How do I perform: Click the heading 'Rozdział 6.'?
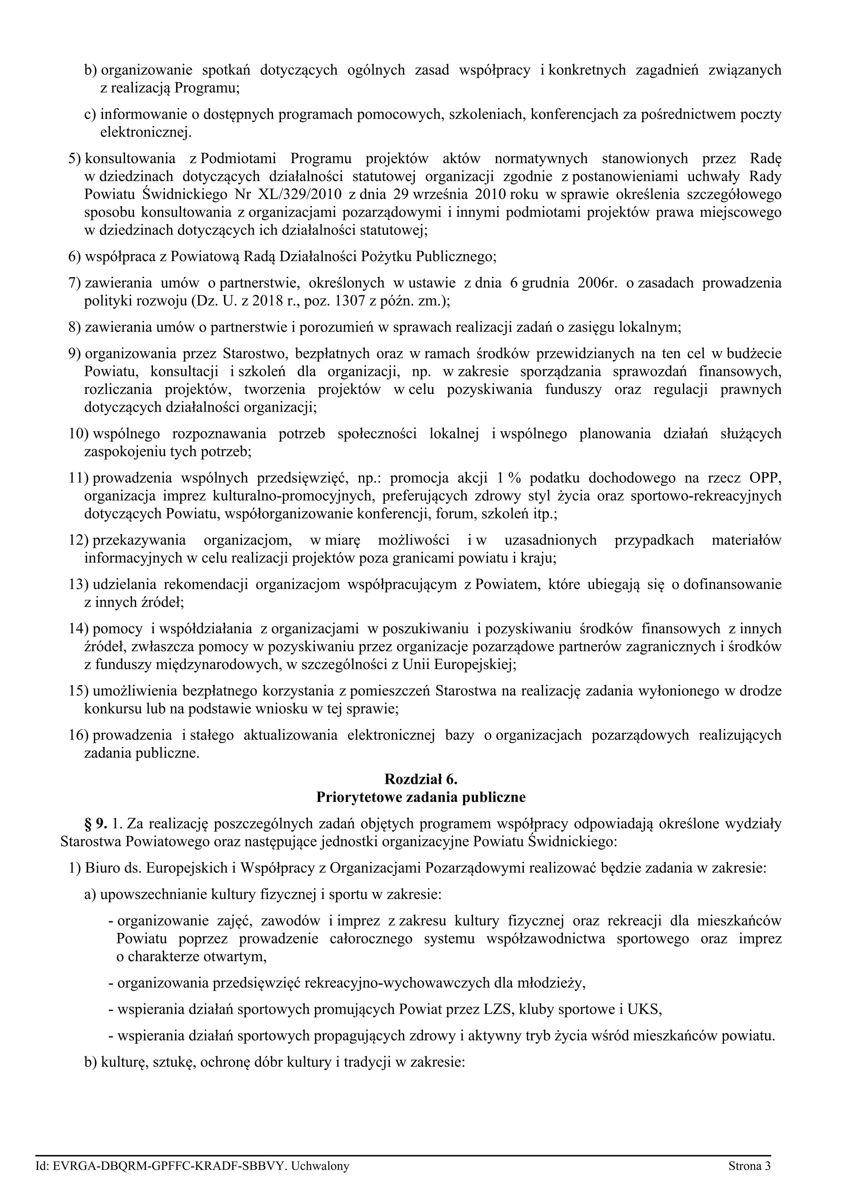pos(421,779)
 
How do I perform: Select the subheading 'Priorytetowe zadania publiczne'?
pos(421,797)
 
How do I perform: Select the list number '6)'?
pos(75,256)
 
